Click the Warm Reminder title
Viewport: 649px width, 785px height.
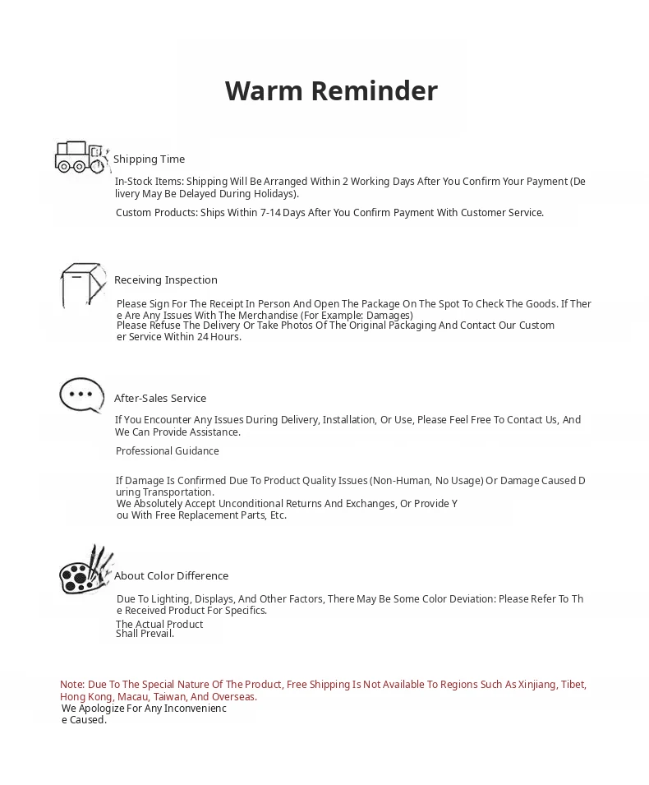[331, 90]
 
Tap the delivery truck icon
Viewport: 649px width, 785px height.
[81, 157]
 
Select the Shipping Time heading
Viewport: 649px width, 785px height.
[149, 159]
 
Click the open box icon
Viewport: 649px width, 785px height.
[82, 284]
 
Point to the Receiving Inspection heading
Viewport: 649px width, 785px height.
[166, 280]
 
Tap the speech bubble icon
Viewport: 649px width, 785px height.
[81, 395]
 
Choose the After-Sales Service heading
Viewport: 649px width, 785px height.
[160, 399]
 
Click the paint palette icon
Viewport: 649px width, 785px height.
[85, 570]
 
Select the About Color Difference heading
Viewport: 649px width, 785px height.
[171, 576]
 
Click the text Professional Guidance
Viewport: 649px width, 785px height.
[168, 451]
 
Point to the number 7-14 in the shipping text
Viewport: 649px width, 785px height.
[271, 213]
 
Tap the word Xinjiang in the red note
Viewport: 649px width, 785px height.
[536, 685]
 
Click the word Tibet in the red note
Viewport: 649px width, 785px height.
[573, 685]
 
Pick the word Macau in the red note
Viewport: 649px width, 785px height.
[132, 697]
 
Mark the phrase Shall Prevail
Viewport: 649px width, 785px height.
[145, 634]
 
